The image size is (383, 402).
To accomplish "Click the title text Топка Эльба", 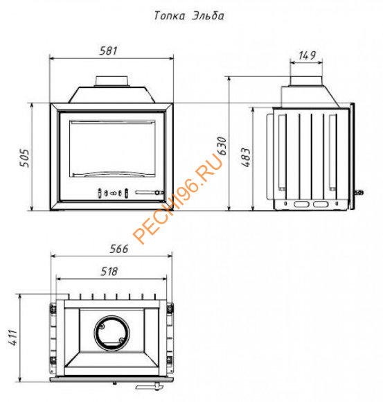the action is click(x=189, y=16).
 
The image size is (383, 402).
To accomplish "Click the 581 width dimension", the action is click(x=108, y=51).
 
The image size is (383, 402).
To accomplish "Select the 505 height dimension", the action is click(x=25, y=158).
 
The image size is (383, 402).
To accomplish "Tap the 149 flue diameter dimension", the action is click(x=307, y=55).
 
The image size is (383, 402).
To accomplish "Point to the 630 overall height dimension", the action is click(x=222, y=146).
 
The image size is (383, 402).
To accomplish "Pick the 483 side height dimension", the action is click(x=246, y=157).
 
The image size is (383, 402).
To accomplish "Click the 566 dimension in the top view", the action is click(x=119, y=249).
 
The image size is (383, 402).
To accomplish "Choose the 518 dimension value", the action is click(x=109, y=272).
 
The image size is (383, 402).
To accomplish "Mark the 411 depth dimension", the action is click(x=12, y=338).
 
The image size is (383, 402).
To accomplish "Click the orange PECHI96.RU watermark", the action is click(x=178, y=198).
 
